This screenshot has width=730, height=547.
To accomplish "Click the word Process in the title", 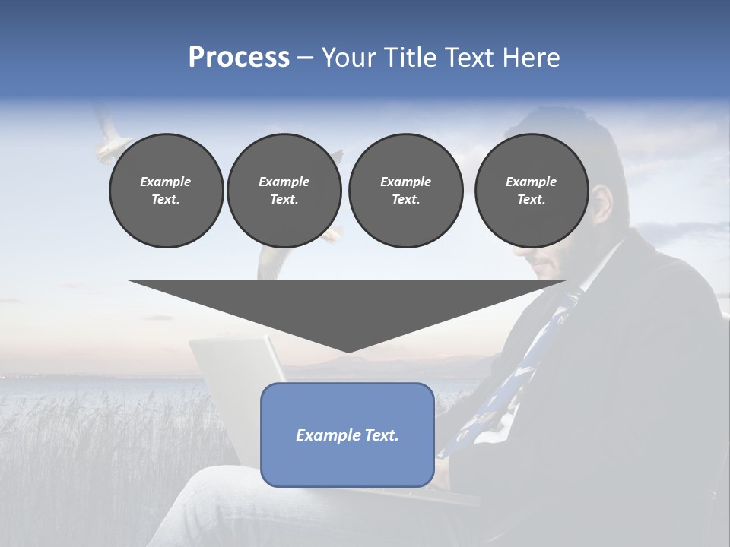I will tap(239, 58).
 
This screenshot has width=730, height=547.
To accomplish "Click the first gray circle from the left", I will tap(166, 190).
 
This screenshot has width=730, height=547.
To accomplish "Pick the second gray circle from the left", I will tap(284, 190).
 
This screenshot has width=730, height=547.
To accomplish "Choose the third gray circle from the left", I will tap(405, 190).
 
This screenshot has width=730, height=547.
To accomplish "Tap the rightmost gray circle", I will tap(532, 190).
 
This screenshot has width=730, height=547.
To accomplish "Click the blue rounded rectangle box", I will tap(348, 435).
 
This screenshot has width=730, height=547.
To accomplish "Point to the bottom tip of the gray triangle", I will tap(348, 351).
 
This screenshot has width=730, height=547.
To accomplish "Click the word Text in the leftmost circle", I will tap(165, 199).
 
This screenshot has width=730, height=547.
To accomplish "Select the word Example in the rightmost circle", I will tap(531, 182).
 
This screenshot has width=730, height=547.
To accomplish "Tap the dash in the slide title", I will tap(305, 58).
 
